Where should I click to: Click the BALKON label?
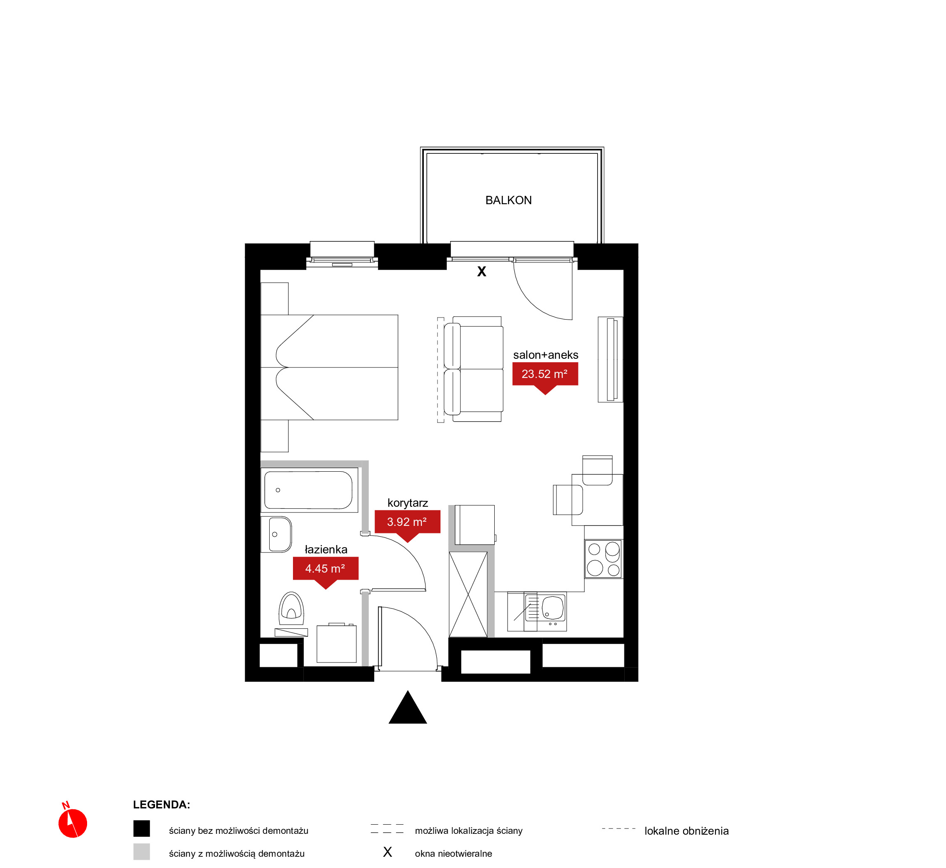click(508, 200)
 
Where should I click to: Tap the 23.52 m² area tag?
click(545, 376)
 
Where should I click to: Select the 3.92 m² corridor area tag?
click(407, 524)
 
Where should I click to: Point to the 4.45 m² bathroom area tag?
click(325, 571)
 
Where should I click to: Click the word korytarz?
click(408, 503)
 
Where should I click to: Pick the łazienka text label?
click(326, 550)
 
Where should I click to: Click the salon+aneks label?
click(546, 355)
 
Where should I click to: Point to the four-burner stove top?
click(603, 558)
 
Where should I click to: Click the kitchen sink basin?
click(553, 608)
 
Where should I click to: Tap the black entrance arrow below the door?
click(408, 708)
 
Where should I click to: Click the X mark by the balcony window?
click(482, 272)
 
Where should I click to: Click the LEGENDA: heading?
click(162, 805)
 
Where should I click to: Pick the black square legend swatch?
click(141, 828)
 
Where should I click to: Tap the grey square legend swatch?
click(141, 852)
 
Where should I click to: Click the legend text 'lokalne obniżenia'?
click(686, 831)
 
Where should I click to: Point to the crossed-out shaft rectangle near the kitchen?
click(468, 594)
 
